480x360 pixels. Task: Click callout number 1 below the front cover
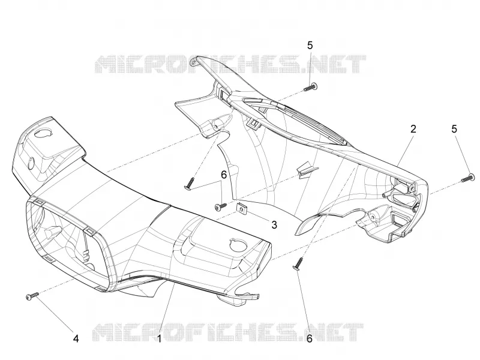(159, 338)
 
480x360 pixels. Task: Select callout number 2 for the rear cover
(413, 129)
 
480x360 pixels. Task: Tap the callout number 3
(274, 224)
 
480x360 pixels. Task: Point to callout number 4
(76, 338)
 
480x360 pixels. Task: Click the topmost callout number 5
(310, 46)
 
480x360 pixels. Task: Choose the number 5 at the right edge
(454, 129)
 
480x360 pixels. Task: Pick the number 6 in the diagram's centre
(224, 175)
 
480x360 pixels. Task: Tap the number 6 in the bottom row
(310, 338)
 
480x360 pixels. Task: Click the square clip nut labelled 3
(242, 208)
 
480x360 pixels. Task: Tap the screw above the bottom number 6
(298, 264)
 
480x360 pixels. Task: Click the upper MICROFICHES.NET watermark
(230, 64)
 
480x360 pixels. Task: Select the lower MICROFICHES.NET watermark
(228, 332)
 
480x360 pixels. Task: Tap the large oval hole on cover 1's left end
(44, 133)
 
